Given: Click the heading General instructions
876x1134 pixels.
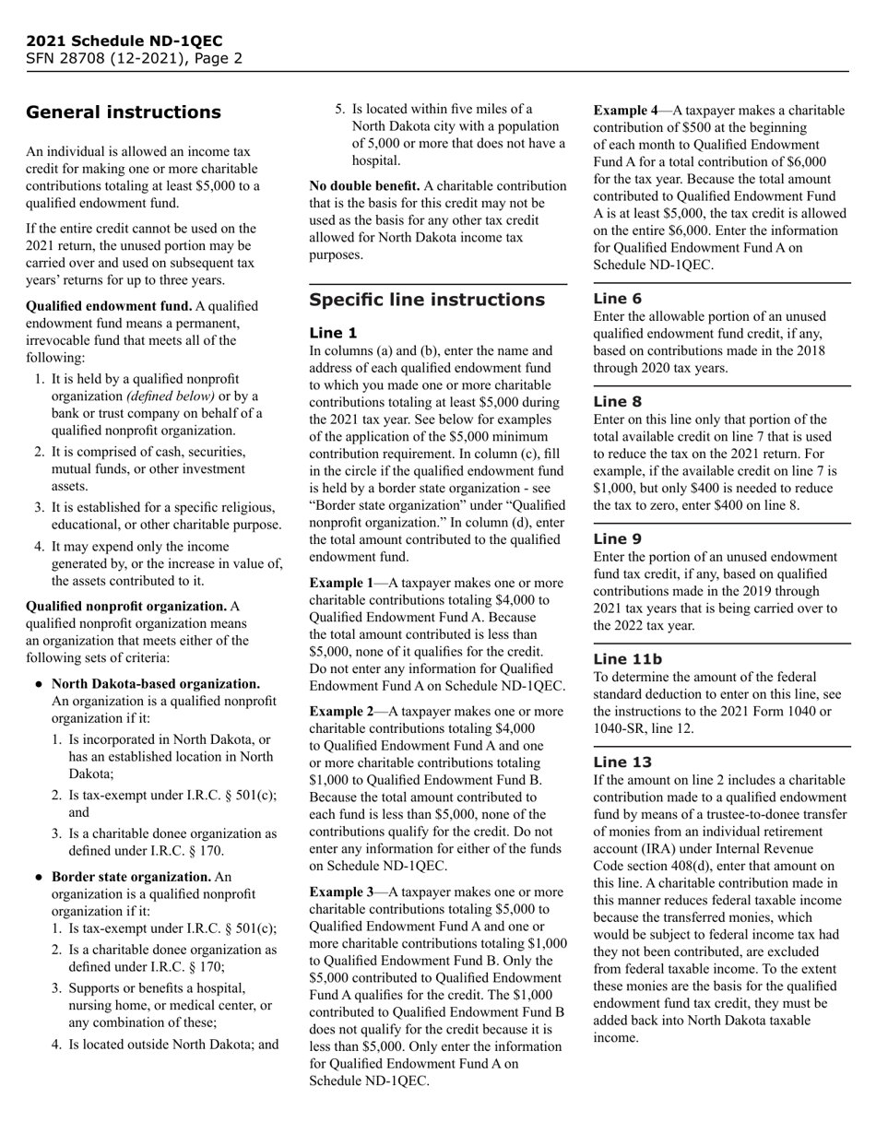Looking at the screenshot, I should [123, 112].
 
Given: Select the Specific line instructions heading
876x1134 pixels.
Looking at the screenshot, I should [427, 300].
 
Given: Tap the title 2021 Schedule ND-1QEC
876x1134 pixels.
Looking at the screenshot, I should [124, 41].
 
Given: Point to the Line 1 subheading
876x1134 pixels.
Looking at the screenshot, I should [332, 333].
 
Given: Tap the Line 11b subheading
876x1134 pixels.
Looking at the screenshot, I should [627, 658].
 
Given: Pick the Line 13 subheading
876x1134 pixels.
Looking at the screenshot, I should [622, 762].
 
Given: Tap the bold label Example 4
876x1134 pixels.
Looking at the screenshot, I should [625, 111].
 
